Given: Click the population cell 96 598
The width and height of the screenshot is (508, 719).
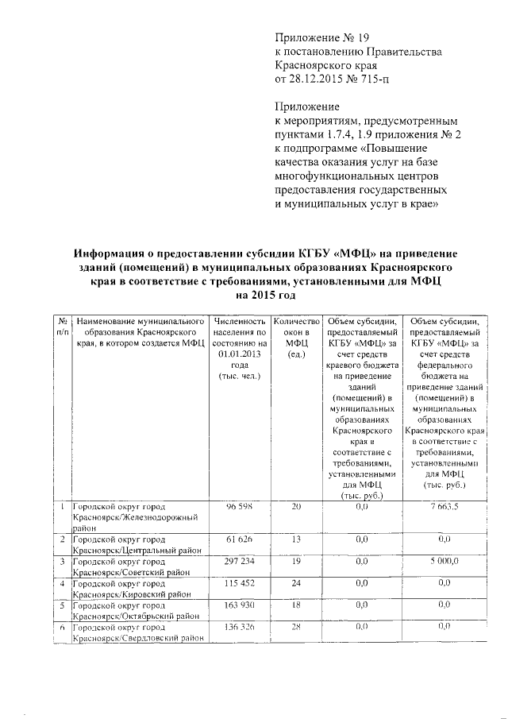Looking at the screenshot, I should point(239,506).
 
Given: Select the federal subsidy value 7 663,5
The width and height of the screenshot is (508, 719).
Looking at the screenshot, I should point(442,506).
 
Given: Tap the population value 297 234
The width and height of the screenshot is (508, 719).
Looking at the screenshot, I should point(239,561).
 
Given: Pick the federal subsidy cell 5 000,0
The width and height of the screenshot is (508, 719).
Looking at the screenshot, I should point(442,561).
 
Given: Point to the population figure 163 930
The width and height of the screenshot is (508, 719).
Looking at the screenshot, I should point(239,605).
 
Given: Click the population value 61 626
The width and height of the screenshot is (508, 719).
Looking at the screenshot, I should point(239,539).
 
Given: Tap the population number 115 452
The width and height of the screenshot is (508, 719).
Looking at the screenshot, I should point(239,583).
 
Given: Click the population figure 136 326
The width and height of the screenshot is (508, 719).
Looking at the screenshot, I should point(239,627).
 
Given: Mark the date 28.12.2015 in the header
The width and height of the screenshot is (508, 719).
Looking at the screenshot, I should point(317,79).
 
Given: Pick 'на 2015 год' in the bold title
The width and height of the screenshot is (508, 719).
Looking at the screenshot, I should point(261,296).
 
